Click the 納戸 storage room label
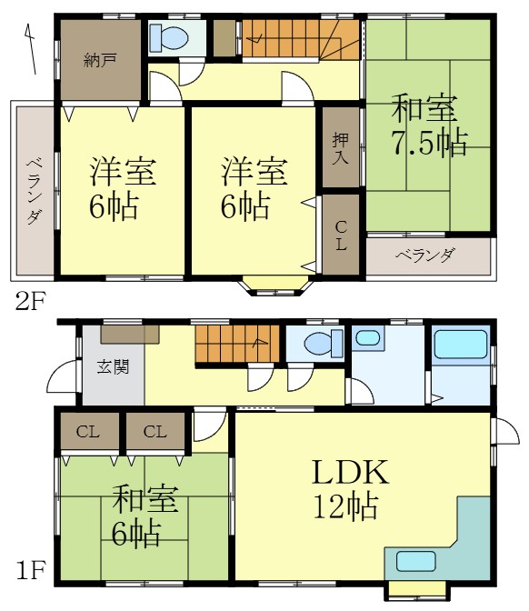[99, 62]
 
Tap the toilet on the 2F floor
[169, 38]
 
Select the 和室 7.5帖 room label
[428, 126]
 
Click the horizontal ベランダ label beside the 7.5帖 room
[424, 255]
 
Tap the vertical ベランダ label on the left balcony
[34, 191]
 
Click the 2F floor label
[27, 299]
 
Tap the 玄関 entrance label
[113, 366]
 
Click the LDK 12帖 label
[350, 489]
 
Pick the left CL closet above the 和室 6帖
[89, 431]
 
